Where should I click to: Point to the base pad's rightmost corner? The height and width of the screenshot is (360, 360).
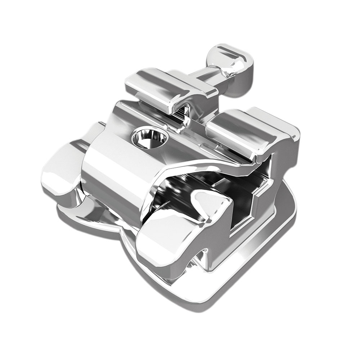point(293,209)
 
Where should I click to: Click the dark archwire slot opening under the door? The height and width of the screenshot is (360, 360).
point(216,187)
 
